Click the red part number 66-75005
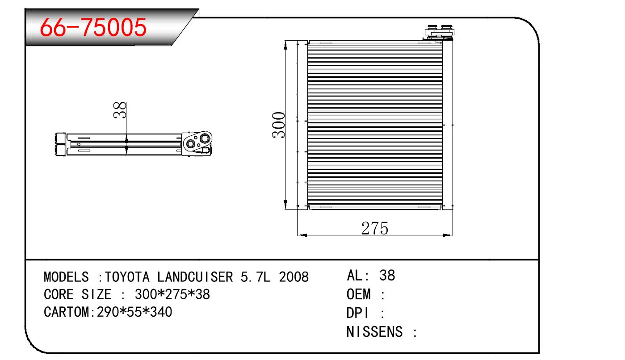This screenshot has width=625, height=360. tap(93, 28)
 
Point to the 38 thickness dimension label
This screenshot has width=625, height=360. tap(120, 110)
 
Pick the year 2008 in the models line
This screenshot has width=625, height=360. tap(294, 277)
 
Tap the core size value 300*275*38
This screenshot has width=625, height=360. tap(172, 295)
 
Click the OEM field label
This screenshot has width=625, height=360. tap(359, 295)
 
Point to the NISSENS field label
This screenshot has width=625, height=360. tap(374, 332)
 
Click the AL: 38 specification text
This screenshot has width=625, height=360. tap(371, 276)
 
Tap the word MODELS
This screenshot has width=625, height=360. tap(66, 277)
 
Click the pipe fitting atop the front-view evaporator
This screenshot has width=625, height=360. tap(439, 33)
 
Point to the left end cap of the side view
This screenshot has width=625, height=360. tap(60, 144)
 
